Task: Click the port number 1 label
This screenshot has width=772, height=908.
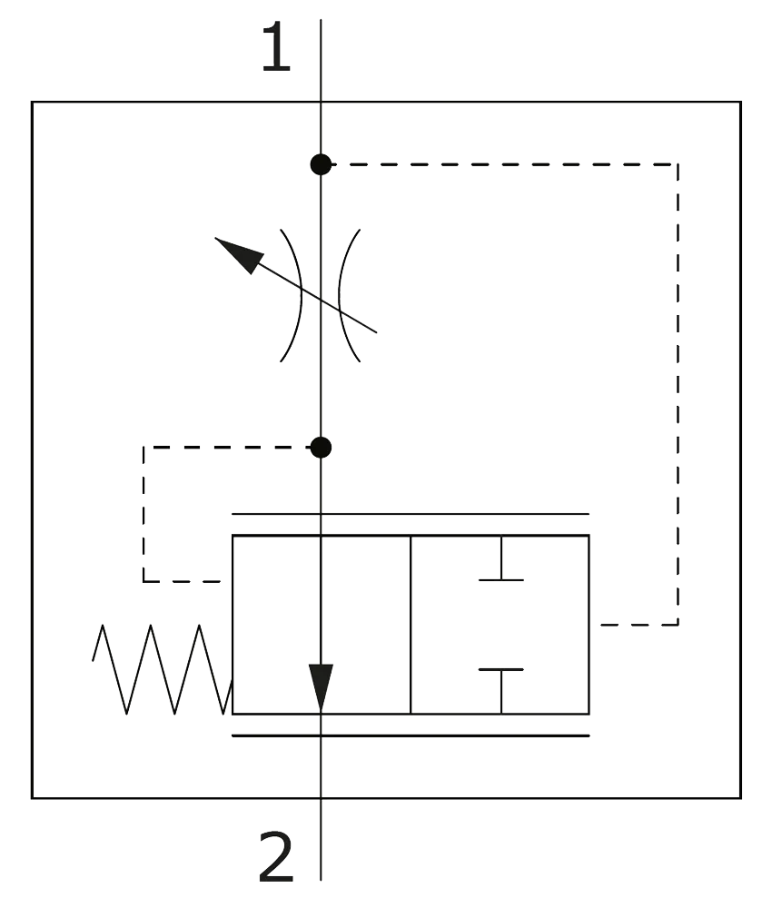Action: pyautogui.click(x=275, y=46)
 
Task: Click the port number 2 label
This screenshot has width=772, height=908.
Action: pyautogui.click(x=277, y=859)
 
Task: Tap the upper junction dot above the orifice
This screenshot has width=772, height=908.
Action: pyautogui.click(x=321, y=164)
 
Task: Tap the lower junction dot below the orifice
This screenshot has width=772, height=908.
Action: pyautogui.click(x=321, y=447)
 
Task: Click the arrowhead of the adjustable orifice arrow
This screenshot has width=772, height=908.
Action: pyautogui.click(x=237, y=253)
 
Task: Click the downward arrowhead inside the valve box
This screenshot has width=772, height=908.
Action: pyautogui.click(x=321, y=686)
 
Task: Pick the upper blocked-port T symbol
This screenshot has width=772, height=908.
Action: pyautogui.click(x=500, y=563)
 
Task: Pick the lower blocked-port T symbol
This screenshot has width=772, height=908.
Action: pyautogui.click(x=500, y=686)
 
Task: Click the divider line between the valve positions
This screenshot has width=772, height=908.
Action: pyautogui.click(x=411, y=624)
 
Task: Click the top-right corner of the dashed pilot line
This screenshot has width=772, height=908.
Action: pyautogui.click(x=678, y=164)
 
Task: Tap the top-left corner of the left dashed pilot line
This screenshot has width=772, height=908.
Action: pyautogui.click(x=143, y=447)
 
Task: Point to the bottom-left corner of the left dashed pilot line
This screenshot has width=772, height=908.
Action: pyautogui.click(x=143, y=579)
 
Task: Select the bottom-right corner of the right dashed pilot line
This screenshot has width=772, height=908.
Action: pyautogui.click(x=678, y=625)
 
